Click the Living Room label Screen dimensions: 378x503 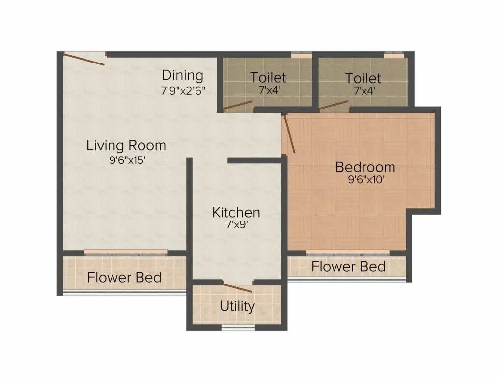pyautogui.click(x=126, y=146)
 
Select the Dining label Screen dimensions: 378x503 pyautogui.click(x=182, y=76)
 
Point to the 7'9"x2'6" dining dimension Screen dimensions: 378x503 pyautogui.click(x=182, y=91)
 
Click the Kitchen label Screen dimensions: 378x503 pyautogui.click(x=236, y=213)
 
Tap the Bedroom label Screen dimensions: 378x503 pyautogui.click(x=365, y=167)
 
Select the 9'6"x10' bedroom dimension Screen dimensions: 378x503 pyautogui.click(x=365, y=180)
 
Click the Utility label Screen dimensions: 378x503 pyautogui.click(x=237, y=306)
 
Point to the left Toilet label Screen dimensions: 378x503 pyautogui.click(x=268, y=78)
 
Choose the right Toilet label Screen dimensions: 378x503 pyautogui.click(x=363, y=78)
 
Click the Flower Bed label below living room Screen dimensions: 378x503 pyautogui.click(x=124, y=278)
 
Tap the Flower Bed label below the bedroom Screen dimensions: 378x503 pyautogui.click(x=348, y=267)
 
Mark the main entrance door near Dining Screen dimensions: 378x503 pyautogui.click(x=84, y=59)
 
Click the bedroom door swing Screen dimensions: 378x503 pyautogui.click(x=289, y=133)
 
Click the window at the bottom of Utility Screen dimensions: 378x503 pyautogui.click(x=238, y=327)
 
